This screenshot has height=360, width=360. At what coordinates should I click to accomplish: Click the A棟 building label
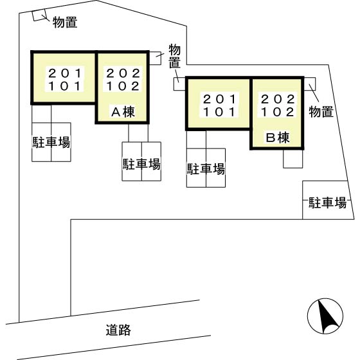coord(123,113)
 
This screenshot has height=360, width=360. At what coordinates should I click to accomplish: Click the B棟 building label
coord(278,138)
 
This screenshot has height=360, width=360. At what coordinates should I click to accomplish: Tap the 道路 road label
coord(118,330)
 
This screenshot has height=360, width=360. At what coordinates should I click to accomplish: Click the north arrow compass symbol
coord(325,316)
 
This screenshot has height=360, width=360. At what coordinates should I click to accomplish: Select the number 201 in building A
coord(65,73)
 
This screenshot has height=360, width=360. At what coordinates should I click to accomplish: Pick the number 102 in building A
coord(123,86)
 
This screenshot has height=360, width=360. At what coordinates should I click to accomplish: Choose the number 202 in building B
coord(278,99)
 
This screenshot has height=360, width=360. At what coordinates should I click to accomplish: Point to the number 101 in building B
coord(220,112)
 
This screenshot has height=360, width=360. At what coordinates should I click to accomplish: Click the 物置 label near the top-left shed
coord(65,22)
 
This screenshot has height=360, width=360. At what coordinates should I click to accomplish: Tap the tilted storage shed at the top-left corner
coord(39,15)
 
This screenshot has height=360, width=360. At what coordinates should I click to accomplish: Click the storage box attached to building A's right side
coord(155,58)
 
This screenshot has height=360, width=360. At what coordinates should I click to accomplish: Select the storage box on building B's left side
coord(179,84)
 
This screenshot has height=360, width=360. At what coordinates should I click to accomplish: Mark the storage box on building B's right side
coord(310,84)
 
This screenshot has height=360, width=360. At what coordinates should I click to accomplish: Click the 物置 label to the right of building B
coord(321,112)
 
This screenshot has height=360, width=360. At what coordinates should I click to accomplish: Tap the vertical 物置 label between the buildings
coord(175,57)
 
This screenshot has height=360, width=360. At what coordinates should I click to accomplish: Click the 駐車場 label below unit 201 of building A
coord(51,142)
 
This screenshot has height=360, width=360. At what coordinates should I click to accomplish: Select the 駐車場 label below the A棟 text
coord(141,164)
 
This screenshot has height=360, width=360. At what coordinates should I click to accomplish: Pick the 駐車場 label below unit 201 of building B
coord(206,169)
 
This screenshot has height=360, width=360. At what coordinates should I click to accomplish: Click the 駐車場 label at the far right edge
coord(327,203)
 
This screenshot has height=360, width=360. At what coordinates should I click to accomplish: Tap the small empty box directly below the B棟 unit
coord(293,159)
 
